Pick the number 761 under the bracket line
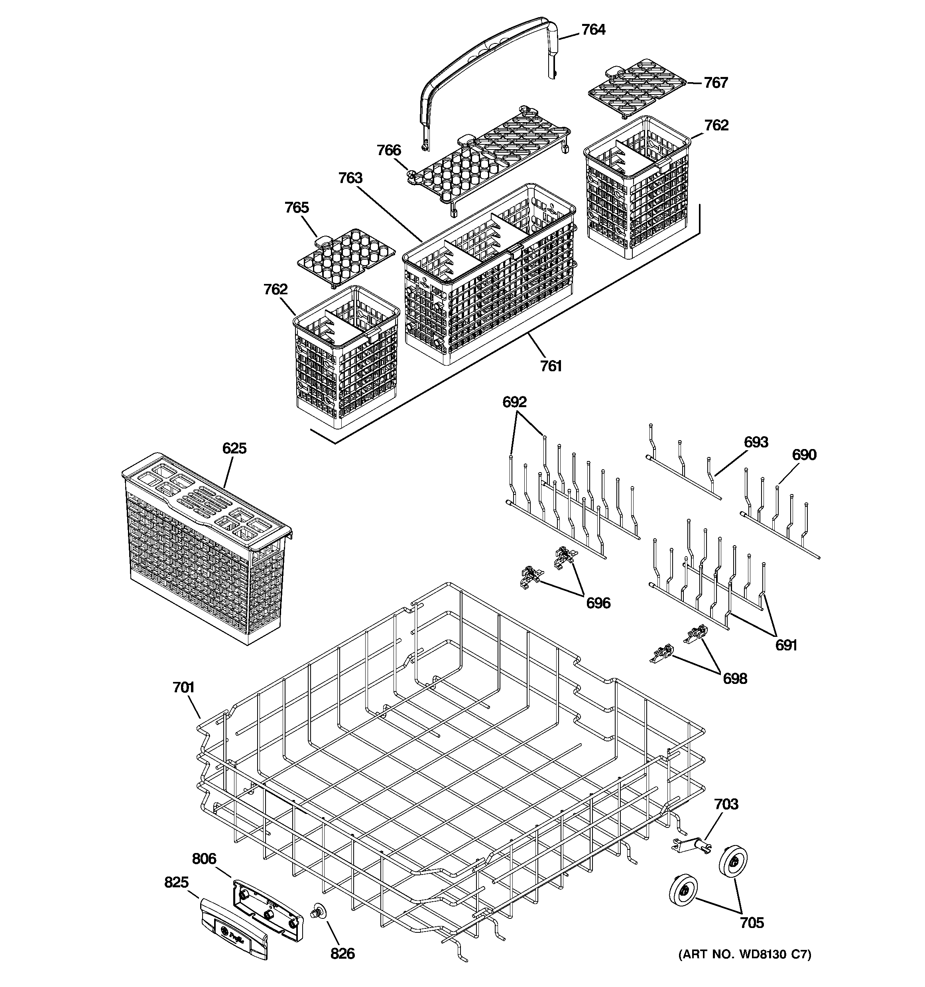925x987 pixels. (551, 366)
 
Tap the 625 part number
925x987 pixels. (234, 448)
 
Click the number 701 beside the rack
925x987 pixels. (183, 688)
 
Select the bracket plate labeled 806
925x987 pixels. (267, 906)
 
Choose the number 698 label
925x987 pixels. (734, 678)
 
